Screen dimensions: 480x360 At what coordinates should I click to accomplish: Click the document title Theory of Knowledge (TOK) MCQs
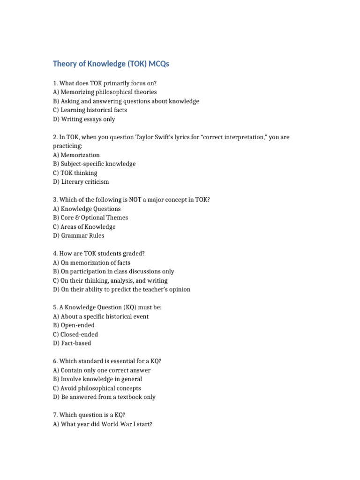click(x=111, y=64)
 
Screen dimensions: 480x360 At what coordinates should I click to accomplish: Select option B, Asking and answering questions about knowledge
click(x=126, y=101)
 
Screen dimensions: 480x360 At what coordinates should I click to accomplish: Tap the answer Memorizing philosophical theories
click(x=105, y=92)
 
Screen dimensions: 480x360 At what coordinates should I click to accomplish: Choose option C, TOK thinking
click(x=75, y=173)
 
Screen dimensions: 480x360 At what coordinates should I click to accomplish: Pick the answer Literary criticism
click(x=81, y=182)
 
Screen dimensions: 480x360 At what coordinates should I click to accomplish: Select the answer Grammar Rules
click(x=79, y=236)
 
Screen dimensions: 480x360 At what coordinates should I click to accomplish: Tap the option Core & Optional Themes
click(x=90, y=218)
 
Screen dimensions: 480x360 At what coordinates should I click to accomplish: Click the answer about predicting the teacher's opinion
click(x=122, y=290)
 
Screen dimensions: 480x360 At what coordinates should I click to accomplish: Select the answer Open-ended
click(x=74, y=325)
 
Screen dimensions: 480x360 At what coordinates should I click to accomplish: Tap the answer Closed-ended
click(x=75, y=335)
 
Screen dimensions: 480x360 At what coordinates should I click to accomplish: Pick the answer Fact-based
click(x=72, y=344)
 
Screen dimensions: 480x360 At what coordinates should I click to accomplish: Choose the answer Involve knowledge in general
click(x=97, y=379)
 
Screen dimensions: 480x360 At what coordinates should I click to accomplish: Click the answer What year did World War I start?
click(x=103, y=424)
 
